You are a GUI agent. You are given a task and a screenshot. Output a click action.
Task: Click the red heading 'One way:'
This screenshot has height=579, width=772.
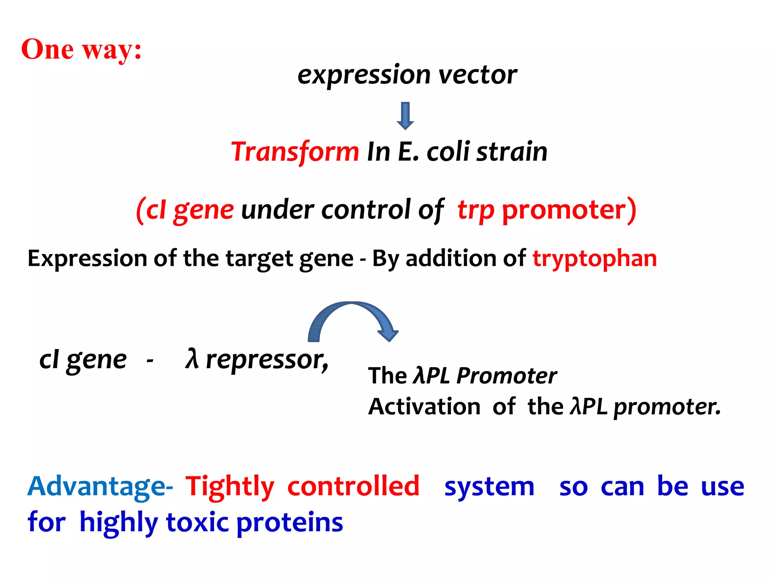(x=81, y=49)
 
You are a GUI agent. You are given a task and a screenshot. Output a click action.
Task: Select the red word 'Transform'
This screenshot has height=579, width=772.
(x=295, y=152)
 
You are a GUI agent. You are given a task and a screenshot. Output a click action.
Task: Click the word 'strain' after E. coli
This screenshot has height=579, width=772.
(x=512, y=152)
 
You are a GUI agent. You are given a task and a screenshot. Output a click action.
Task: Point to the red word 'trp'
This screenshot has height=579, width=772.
(x=476, y=210)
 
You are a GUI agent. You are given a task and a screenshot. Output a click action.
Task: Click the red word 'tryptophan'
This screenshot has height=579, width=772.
(x=594, y=259)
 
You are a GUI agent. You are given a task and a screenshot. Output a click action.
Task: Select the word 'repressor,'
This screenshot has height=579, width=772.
(x=267, y=360)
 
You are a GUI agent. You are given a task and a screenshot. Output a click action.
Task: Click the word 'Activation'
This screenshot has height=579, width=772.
(x=424, y=407)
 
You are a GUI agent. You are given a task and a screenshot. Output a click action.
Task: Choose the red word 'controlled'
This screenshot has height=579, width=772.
(x=353, y=486)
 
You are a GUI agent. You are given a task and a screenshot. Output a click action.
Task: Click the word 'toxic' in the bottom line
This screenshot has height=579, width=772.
(x=197, y=523)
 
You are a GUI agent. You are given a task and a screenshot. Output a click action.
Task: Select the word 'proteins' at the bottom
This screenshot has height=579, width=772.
(x=289, y=523)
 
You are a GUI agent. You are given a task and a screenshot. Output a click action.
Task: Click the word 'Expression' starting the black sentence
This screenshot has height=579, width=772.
(x=87, y=259)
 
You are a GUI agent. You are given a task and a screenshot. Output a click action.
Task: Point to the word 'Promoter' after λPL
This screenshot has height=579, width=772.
(x=506, y=376)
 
